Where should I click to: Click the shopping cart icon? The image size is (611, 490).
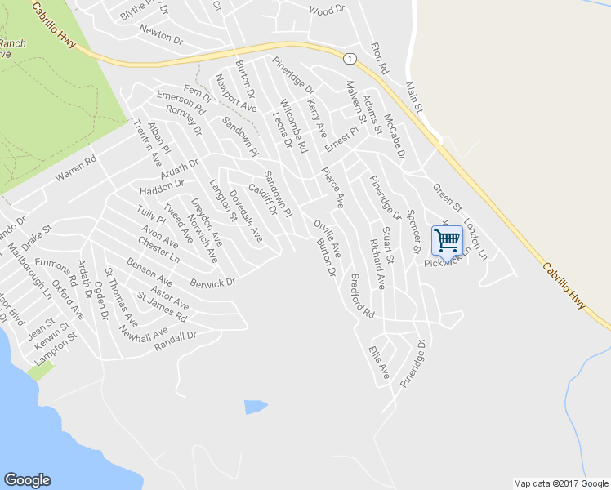point(447,240)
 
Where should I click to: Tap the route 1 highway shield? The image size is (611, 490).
point(350,59)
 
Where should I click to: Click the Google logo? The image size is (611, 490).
point(27,480)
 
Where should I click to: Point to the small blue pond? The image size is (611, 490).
point(255,406)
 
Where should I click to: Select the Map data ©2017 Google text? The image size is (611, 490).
point(560,483)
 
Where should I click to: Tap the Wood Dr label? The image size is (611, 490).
point(327,11)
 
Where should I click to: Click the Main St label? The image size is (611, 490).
point(416,96)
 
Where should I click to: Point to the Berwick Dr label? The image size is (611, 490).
point(212,282)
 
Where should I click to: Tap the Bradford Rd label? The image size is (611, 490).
point(360,301)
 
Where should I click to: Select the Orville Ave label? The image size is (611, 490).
point(327,238)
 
